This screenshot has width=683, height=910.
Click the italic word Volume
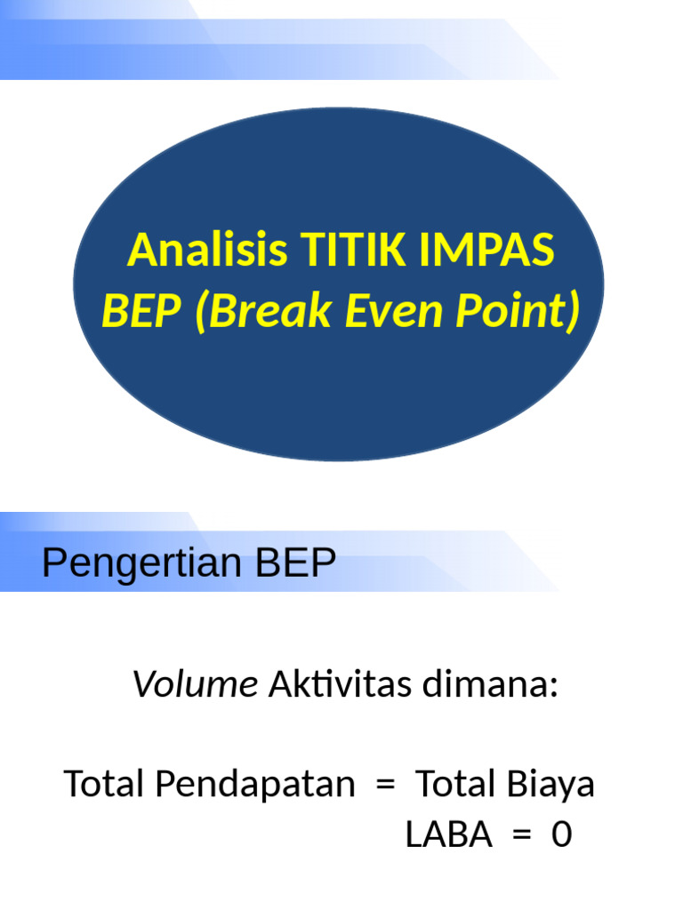click(195, 686)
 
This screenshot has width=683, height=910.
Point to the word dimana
click(501, 686)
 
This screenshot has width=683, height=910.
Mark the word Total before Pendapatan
click(105, 785)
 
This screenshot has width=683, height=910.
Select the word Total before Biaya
click(457, 785)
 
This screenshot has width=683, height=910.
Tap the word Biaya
click(551, 786)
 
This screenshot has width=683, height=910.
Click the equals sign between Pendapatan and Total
click(384, 786)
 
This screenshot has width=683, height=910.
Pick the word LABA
click(449, 835)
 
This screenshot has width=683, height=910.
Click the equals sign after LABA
click(521, 836)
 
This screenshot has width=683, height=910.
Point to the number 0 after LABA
click(561, 835)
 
